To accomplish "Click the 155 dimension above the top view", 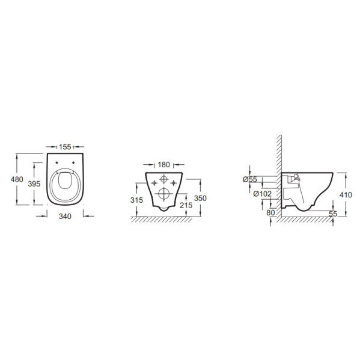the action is (x=65, y=147).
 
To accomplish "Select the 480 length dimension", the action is (x=17, y=179).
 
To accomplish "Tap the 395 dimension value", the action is (x=34, y=184).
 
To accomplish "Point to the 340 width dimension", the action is (x=65, y=217).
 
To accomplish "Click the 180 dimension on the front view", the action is (x=164, y=165).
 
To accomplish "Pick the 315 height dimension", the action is (x=136, y=200).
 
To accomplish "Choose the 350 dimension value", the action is (x=200, y=198).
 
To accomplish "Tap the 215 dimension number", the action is (x=186, y=205).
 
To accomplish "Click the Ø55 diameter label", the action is (x=250, y=179).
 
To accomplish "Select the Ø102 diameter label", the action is (x=263, y=194).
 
